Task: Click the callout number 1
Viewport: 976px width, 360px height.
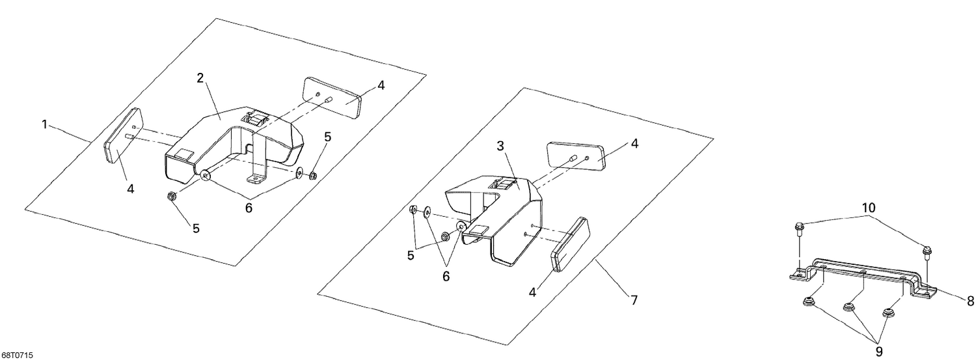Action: coord(45,124)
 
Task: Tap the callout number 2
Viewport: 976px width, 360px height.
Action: coord(200,78)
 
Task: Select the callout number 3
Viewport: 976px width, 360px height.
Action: coord(500,146)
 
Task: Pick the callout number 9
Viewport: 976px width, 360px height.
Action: coord(879,352)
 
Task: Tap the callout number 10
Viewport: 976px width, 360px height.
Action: coord(869,208)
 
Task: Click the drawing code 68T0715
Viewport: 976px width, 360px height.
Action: coord(17,355)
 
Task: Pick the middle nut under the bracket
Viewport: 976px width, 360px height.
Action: coord(848,307)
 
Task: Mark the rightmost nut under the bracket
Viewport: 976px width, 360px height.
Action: coord(887,313)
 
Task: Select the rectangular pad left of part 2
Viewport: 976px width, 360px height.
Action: coord(122,136)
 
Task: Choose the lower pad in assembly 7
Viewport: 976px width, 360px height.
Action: coord(570,243)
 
